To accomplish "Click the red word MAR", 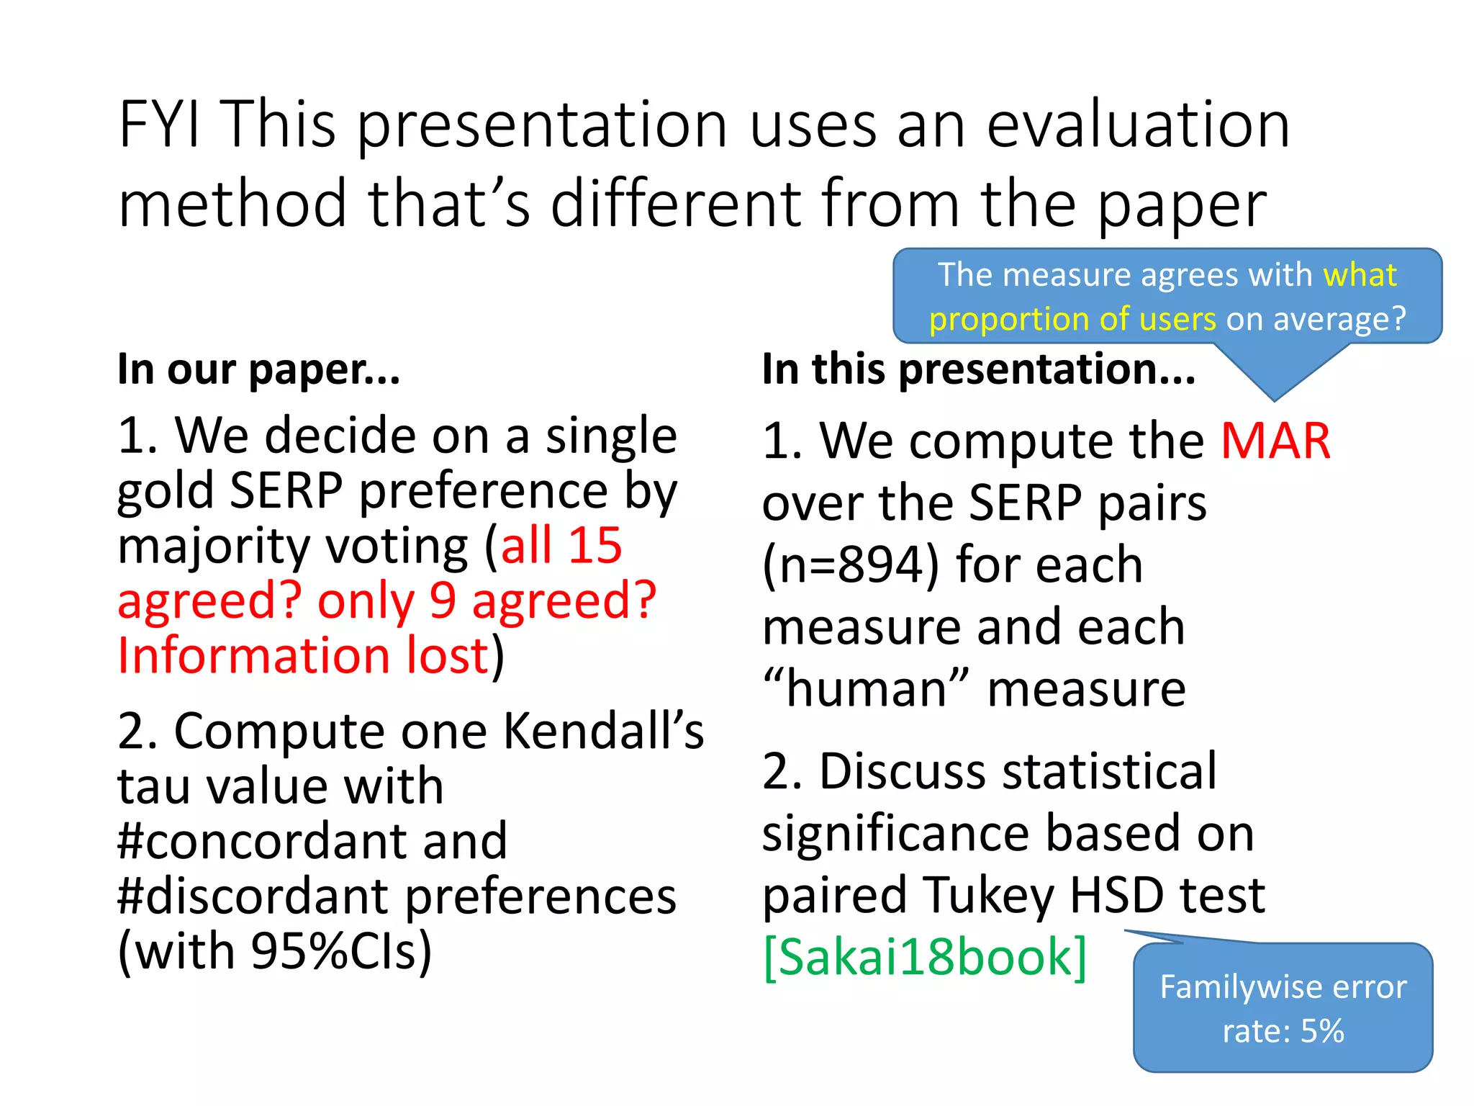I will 1275,441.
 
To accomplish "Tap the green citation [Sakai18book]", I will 925,958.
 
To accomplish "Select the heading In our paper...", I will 258,370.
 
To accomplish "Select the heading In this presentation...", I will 978,370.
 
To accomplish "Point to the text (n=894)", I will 851,565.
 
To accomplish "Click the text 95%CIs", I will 340,952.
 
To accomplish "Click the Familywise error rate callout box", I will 1283,1007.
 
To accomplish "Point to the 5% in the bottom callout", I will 1322,1031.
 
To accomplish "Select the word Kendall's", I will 603,732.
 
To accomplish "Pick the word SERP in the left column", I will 286,491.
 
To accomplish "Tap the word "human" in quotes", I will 866,689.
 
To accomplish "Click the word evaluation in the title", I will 1138,125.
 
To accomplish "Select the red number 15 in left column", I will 595,545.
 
